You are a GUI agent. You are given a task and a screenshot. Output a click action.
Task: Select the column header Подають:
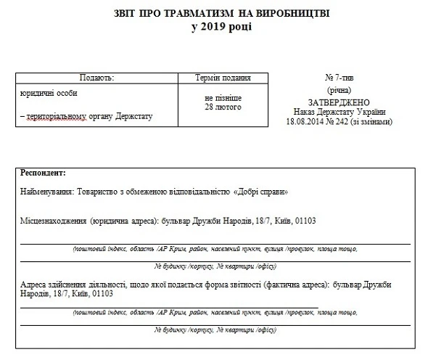pyautogui.click(x=96, y=78)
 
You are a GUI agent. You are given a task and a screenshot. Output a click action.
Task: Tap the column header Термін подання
pyautogui.click(x=223, y=78)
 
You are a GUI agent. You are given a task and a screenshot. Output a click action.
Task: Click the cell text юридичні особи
pyautogui.click(x=49, y=94)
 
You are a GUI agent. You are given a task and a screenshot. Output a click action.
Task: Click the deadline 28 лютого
pyautogui.click(x=223, y=107)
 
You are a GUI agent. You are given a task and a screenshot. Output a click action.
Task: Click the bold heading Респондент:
pyautogui.click(x=44, y=173)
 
